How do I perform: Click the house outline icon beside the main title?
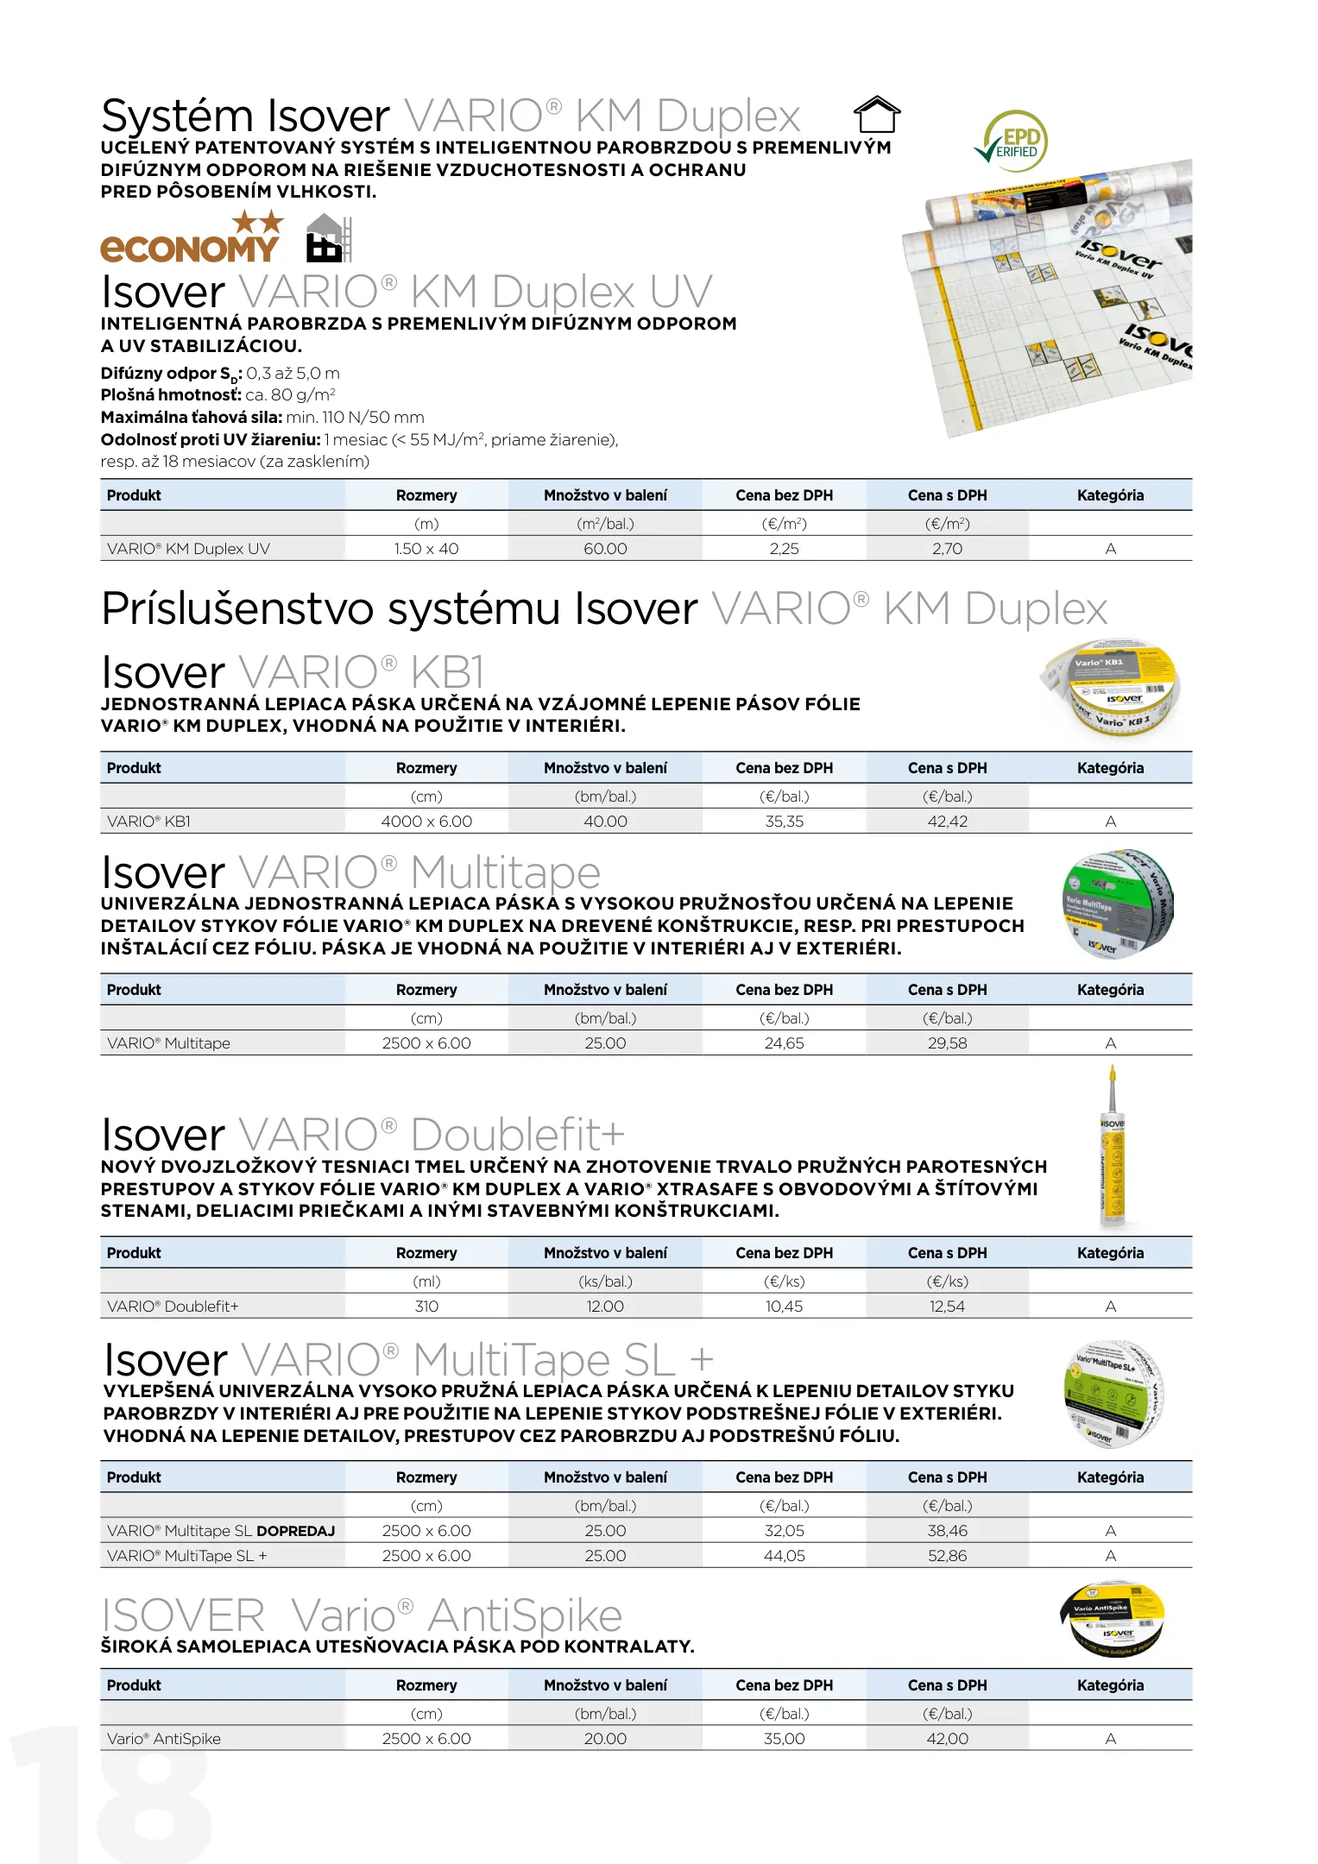[876, 115]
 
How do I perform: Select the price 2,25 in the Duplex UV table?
[784, 549]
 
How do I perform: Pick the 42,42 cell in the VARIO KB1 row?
[947, 822]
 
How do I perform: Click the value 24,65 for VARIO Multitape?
[784, 1043]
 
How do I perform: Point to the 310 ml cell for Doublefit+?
[426, 1307]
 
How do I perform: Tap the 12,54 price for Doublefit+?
[947, 1307]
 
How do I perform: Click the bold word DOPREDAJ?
[295, 1531]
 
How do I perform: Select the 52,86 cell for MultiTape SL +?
[947, 1556]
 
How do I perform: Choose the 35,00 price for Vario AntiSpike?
[784, 1739]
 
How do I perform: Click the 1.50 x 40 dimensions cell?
[426, 549]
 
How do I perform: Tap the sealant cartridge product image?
[1112, 1148]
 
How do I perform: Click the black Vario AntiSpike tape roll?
[1113, 1620]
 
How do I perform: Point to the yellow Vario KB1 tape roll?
[1111, 689]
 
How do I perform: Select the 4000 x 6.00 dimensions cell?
[426, 822]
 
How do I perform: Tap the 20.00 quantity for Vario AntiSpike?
[605, 1739]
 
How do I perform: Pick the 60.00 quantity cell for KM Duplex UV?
[605, 549]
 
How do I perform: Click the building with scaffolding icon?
[329, 238]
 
